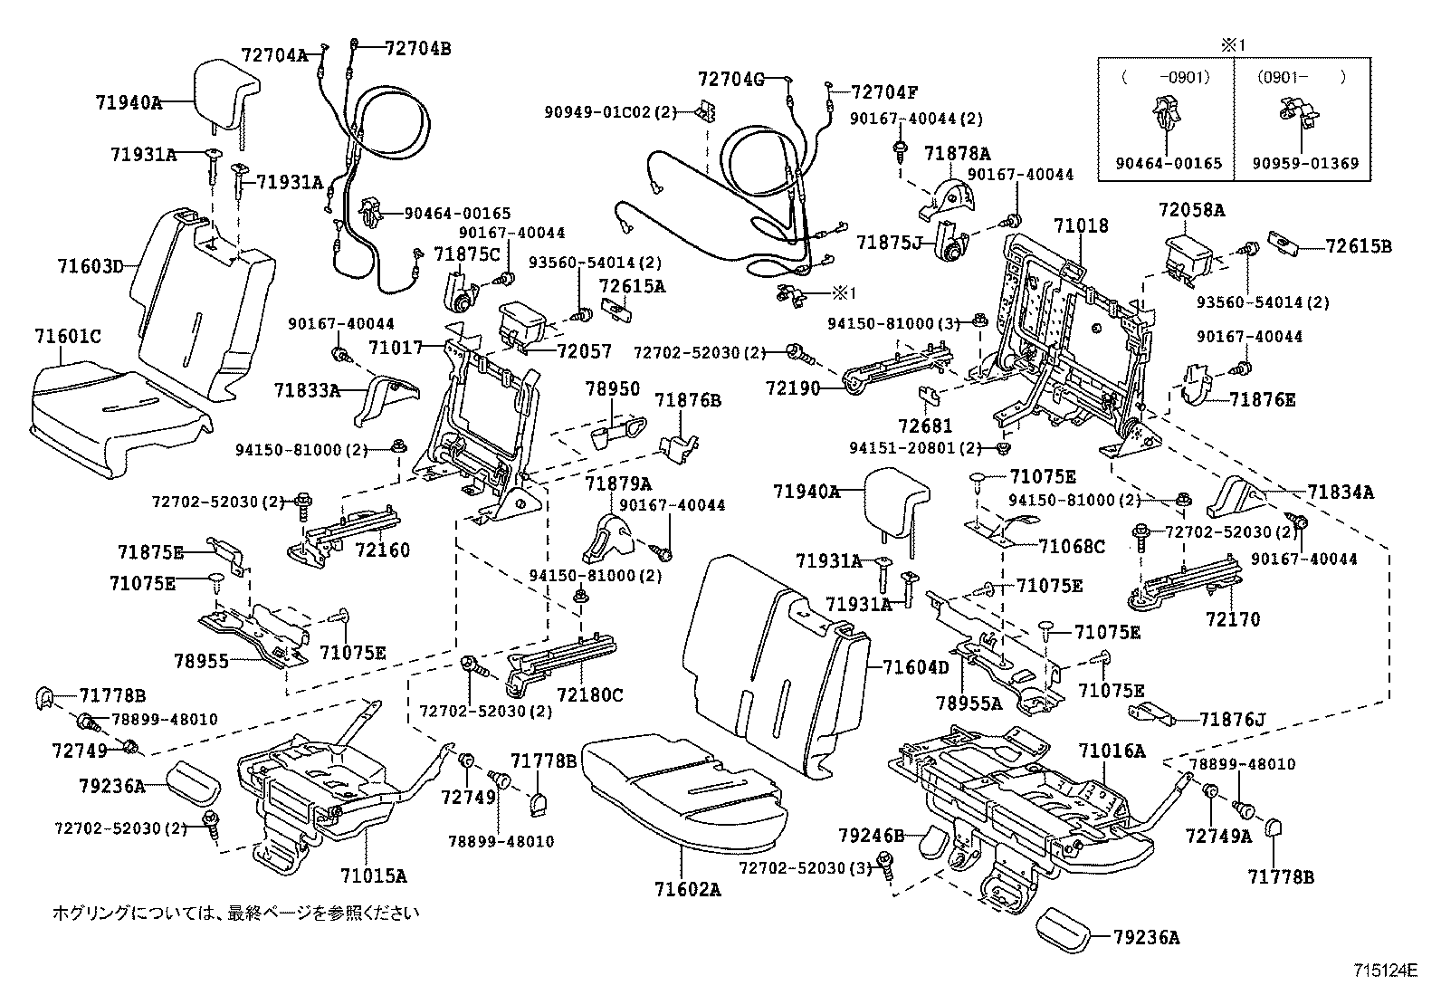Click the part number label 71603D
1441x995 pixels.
click(x=90, y=266)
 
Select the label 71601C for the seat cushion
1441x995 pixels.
click(x=68, y=337)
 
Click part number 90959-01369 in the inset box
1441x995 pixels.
click(x=1305, y=164)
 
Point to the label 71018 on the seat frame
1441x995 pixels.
click(x=1081, y=225)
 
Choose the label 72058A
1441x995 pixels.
click(x=1191, y=210)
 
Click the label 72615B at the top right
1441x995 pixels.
click(x=1359, y=245)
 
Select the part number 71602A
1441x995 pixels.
click(x=687, y=889)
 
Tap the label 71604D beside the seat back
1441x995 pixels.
click(x=916, y=668)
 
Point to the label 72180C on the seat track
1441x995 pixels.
click(x=590, y=694)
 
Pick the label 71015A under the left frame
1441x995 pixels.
click(x=373, y=875)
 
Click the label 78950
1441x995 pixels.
click(x=612, y=389)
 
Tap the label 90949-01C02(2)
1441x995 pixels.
click(x=610, y=112)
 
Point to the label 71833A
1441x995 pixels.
click(x=308, y=390)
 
